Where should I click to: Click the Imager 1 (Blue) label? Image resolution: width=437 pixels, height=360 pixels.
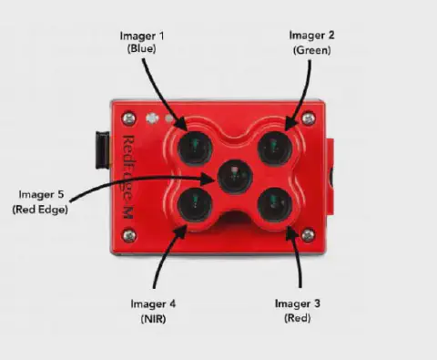(x=142, y=42)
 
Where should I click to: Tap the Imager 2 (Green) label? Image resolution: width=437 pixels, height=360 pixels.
(x=311, y=43)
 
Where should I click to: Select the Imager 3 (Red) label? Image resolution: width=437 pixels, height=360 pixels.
(x=298, y=311)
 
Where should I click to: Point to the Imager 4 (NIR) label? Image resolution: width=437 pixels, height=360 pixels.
(x=153, y=311)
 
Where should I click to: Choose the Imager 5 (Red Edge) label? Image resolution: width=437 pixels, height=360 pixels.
(x=40, y=201)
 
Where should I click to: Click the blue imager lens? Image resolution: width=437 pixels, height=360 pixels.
(x=194, y=149)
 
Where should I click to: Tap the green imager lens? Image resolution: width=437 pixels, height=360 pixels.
(x=275, y=149)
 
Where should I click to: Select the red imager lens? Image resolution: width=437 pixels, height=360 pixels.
(x=275, y=205)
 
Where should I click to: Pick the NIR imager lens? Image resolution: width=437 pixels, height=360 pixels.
(x=194, y=205)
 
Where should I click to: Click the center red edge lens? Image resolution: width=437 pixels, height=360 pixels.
(x=235, y=177)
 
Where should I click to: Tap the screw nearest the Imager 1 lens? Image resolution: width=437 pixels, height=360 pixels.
(x=128, y=118)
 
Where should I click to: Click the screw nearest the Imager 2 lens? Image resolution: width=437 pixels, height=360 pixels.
(x=309, y=118)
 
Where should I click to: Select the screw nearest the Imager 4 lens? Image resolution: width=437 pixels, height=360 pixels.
(x=128, y=235)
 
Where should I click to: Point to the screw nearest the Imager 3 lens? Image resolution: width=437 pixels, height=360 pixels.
(x=308, y=235)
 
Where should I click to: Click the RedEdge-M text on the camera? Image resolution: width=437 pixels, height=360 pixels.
(x=127, y=177)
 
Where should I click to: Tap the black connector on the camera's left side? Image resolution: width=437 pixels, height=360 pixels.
(x=103, y=150)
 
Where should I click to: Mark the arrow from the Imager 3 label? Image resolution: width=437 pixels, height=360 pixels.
(x=298, y=258)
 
